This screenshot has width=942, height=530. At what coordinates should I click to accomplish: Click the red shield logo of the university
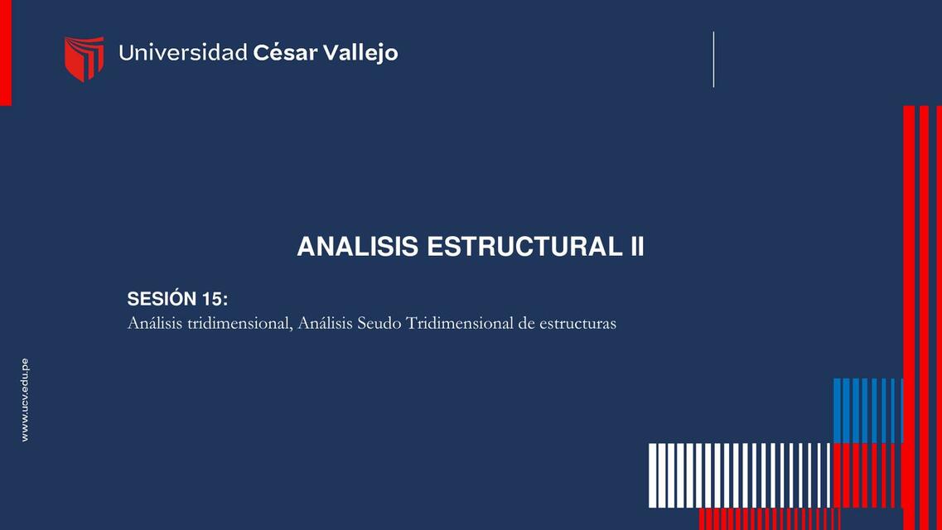84,58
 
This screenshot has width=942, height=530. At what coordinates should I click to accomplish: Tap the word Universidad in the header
183,53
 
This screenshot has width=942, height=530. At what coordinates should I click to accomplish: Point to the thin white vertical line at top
713,59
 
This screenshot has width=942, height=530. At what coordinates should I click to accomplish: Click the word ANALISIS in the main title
357,247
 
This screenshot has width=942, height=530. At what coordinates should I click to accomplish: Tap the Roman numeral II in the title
634,247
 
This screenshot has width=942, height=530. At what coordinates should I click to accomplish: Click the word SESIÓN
162,299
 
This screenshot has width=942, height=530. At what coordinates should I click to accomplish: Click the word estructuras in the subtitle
577,323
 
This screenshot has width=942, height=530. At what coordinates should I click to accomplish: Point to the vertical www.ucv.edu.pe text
25,400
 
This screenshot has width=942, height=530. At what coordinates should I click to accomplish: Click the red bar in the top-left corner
6,52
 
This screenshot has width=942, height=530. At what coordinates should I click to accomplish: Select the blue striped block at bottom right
867,410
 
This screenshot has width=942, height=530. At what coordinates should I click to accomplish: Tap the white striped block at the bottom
739,475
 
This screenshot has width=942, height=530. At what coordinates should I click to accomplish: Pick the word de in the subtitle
526,323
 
